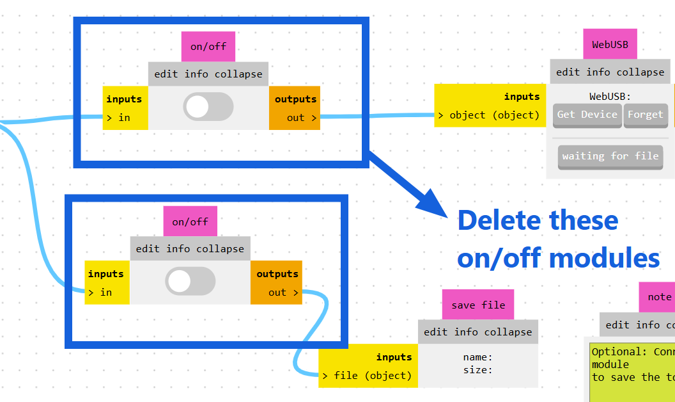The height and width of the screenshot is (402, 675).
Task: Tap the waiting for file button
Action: (610, 157)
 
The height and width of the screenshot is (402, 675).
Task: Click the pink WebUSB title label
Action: (610, 45)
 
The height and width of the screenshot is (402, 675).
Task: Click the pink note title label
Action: (658, 297)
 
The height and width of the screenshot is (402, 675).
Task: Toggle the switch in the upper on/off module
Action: (208, 106)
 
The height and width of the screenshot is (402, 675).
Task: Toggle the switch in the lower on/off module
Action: (190, 281)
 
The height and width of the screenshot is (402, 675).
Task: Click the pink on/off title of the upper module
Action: (208, 47)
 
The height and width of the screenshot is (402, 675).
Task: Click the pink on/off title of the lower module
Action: (190, 222)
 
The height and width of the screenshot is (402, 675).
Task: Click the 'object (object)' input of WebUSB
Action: (490, 115)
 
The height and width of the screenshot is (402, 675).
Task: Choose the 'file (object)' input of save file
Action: (368, 376)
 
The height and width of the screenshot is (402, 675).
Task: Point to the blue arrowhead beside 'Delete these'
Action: (435, 205)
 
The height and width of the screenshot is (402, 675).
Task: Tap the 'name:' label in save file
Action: (477, 357)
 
